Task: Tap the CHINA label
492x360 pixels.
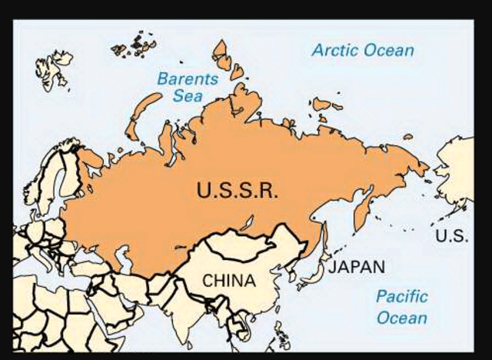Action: (228, 281)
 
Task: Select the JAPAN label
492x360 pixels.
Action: (356, 267)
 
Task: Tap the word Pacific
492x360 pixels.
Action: (402, 296)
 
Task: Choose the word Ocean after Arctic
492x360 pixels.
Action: (389, 51)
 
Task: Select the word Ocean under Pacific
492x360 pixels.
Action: (401, 317)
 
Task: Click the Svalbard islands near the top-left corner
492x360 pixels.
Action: (54, 67)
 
